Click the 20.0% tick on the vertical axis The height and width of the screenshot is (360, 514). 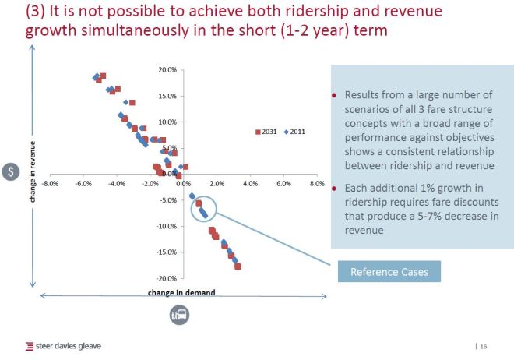tap(168, 70)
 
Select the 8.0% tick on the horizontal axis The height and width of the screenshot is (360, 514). tap(316, 184)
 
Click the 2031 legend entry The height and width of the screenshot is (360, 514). tap(267, 132)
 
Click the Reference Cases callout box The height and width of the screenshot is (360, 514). tap(389, 272)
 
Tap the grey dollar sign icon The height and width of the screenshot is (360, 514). tap(10, 173)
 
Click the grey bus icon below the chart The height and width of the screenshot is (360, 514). tap(181, 315)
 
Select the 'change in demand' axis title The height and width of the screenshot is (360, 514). tap(181, 293)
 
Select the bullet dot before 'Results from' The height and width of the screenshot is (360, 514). tap(335, 95)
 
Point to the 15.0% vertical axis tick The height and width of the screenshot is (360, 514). tap(168, 97)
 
